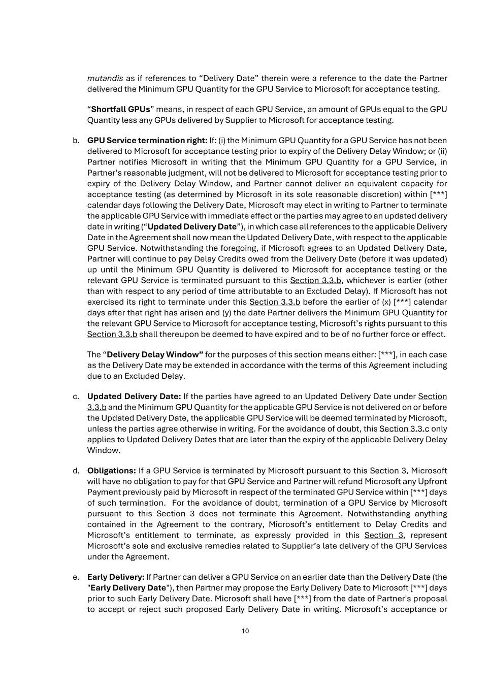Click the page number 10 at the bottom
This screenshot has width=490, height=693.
coord(245,631)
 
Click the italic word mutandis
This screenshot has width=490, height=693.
coord(105,78)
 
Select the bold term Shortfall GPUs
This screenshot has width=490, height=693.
coord(120,109)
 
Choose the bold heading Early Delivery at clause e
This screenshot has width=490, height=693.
coord(116,577)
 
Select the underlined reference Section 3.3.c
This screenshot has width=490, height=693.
coord(404,428)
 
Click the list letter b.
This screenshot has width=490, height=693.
coord(76,140)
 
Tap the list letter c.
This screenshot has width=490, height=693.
coord(76,397)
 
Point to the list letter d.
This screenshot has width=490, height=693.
coord(76,471)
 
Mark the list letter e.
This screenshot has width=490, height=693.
coord(76,577)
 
